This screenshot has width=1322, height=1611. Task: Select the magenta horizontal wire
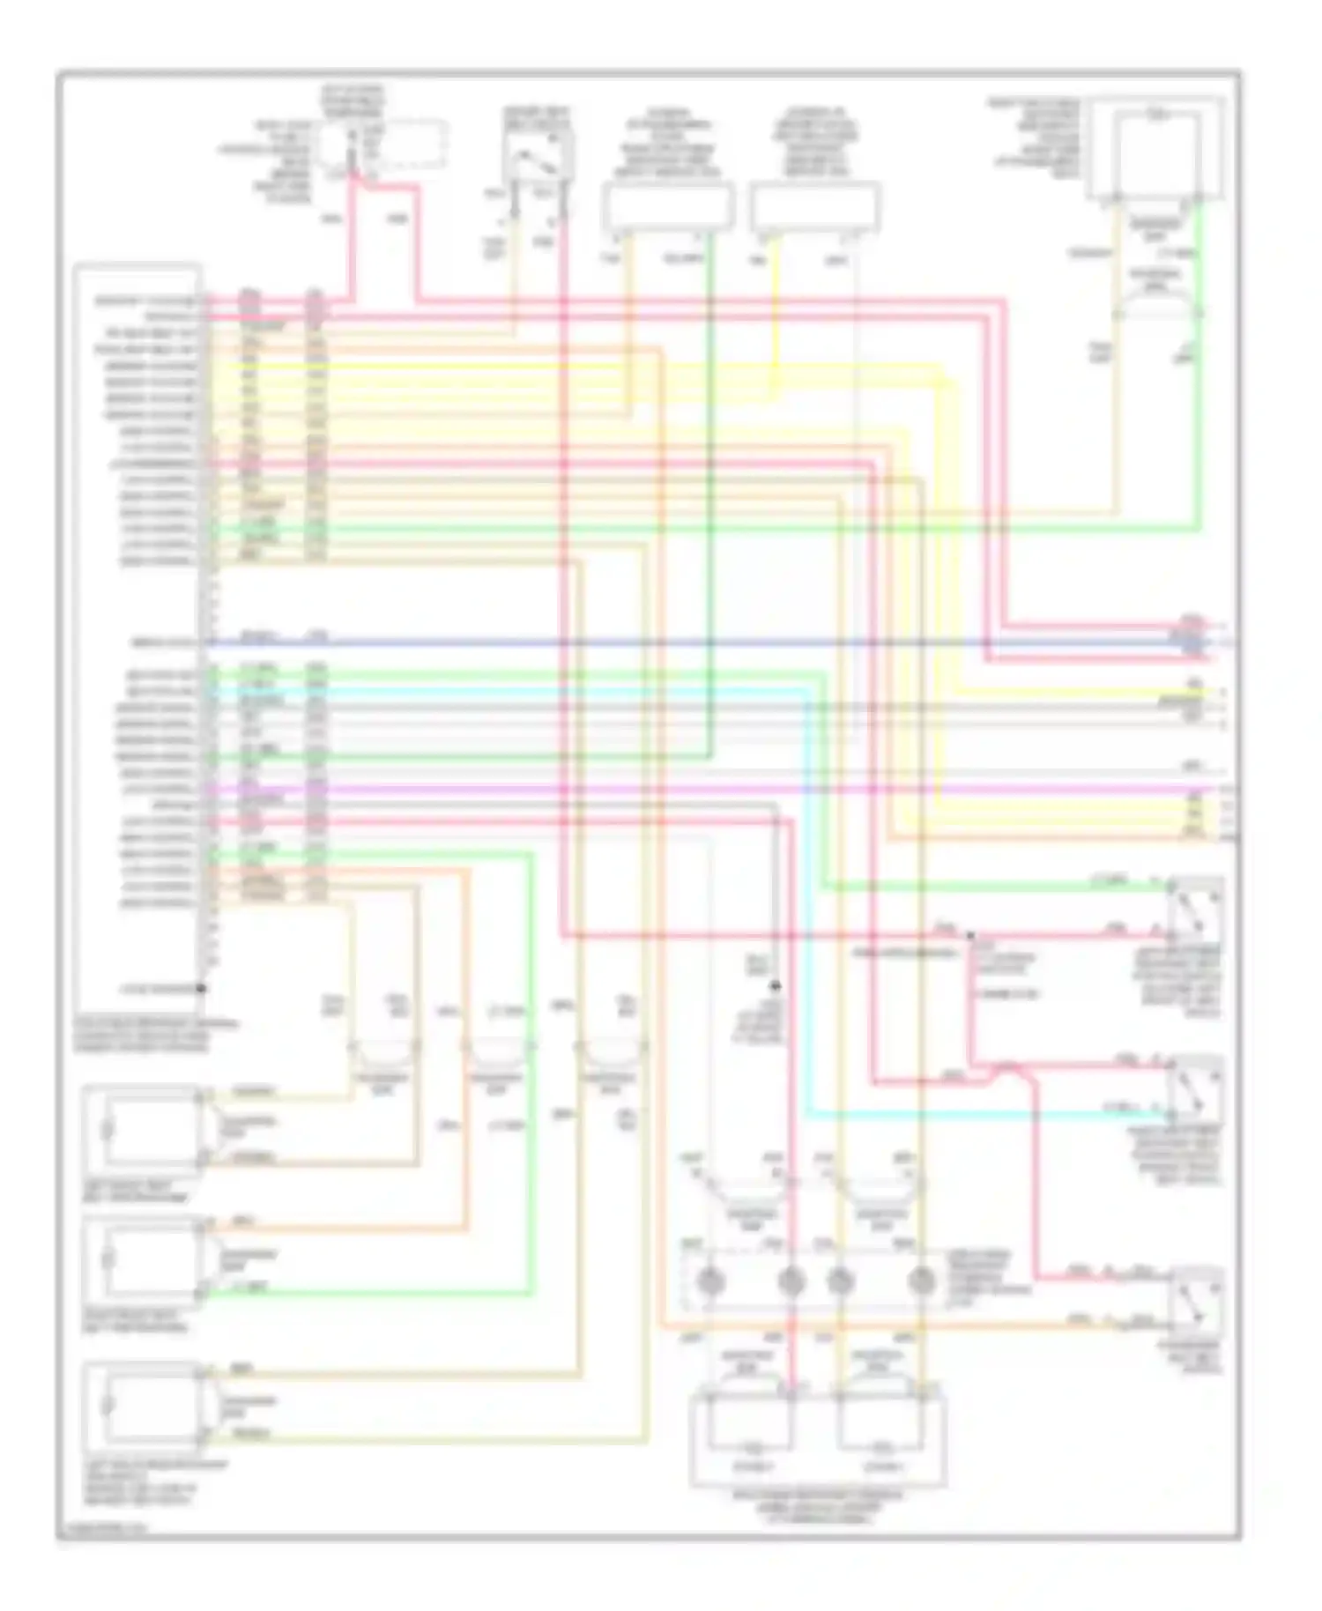click(705, 789)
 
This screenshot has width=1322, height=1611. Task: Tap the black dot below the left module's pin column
click(201, 989)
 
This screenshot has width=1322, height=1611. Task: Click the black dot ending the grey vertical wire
click(776, 985)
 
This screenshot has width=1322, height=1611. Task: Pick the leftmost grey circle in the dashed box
click(710, 1280)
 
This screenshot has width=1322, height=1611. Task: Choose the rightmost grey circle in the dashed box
click(921, 1280)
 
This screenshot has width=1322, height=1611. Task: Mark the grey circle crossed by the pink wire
click(791, 1280)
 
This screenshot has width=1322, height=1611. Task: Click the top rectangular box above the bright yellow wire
click(815, 208)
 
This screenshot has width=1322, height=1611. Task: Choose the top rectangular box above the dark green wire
click(667, 208)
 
